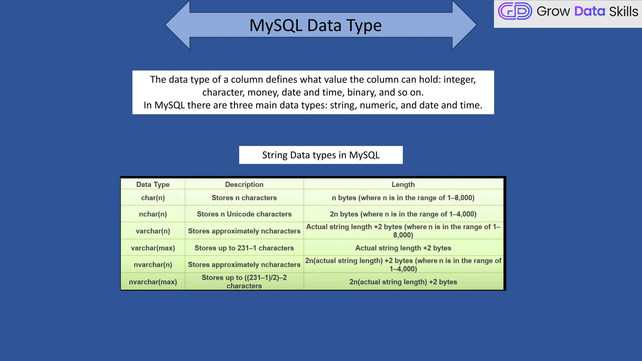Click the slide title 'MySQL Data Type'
tap(315, 25)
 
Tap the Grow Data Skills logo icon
tap(515, 11)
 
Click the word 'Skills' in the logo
tap(623, 12)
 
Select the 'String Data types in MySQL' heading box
tap(321, 155)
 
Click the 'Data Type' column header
tap(153, 184)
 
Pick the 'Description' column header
tap(244, 184)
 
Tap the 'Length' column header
tap(403, 184)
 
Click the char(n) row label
tap(153, 198)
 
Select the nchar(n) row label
tap(153, 214)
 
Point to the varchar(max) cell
tap(153, 248)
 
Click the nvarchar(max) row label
tap(153, 282)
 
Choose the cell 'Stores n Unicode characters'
tap(244, 214)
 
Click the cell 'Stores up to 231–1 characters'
tap(244, 248)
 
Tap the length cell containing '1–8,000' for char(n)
tap(403, 198)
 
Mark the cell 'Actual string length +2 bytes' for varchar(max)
tap(403, 248)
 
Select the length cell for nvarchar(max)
tap(403, 282)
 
